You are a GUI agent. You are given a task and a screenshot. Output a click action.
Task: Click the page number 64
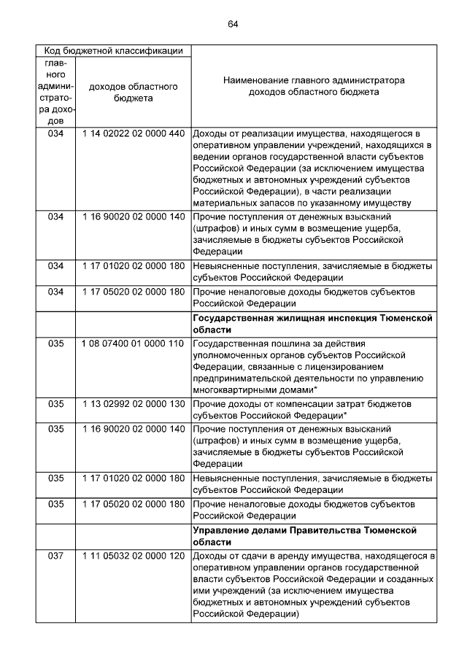coord(233,24)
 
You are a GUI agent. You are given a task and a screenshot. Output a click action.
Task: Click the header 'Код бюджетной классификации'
coord(113,51)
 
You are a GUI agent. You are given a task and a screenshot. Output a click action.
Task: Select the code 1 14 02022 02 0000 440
coord(133,134)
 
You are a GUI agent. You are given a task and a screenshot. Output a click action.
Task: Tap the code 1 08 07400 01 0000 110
coord(133,343)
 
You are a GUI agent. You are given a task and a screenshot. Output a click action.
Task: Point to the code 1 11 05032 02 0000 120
coord(133,556)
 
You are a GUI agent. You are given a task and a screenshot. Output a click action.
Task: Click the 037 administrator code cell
coord(55,556)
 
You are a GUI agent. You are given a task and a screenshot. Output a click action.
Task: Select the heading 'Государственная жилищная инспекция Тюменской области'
coord(312,325)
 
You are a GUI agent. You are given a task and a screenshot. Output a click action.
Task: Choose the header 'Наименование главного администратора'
coord(313,80)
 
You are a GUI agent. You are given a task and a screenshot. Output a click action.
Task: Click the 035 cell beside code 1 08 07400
coord(55,343)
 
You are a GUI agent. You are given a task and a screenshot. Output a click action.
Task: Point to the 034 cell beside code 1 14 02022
coord(55,134)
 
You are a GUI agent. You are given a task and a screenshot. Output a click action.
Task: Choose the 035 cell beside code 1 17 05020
coord(55,504)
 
